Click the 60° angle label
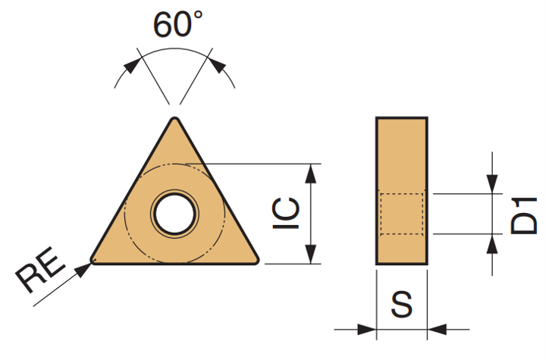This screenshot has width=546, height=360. pos(177,23)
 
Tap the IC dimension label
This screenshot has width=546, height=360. pos(286,213)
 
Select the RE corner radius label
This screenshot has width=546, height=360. pos(40,269)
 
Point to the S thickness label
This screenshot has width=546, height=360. pos(401,304)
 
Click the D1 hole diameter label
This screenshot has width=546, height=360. pos(523,215)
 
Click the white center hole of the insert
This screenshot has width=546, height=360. pos(175,214)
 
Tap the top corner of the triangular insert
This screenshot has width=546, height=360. pos(175,118)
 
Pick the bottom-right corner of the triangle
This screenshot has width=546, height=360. pos(257,261)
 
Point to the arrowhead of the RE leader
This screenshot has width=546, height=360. pos(84,270)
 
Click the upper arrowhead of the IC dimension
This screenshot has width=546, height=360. pos(310,174)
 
